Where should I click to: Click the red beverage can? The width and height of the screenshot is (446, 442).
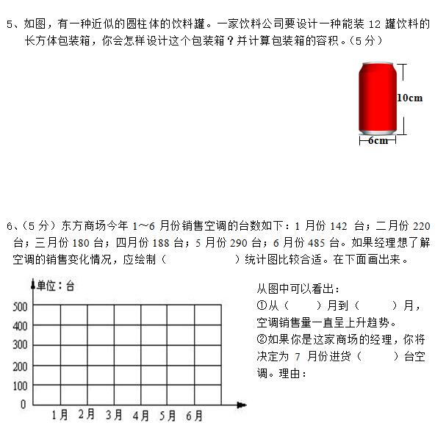(x=377, y=98)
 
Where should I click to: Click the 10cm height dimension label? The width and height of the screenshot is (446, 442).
(x=409, y=98)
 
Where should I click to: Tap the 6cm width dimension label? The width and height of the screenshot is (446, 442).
(x=378, y=140)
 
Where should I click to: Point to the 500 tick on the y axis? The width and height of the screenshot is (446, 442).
(x=20, y=306)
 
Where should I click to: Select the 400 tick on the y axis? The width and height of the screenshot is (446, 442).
(x=20, y=326)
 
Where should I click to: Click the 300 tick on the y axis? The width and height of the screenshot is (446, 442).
(x=20, y=345)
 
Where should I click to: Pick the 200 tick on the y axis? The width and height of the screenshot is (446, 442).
(x=20, y=366)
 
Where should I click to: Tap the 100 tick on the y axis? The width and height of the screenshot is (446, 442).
(x=20, y=385)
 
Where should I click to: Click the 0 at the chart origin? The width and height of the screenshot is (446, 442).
(x=23, y=404)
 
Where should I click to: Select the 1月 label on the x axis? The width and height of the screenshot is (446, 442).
(x=60, y=416)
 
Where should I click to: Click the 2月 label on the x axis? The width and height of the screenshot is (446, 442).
(x=87, y=415)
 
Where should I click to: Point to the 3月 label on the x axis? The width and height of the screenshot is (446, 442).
(x=114, y=416)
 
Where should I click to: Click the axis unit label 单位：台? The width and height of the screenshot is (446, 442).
(x=56, y=286)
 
